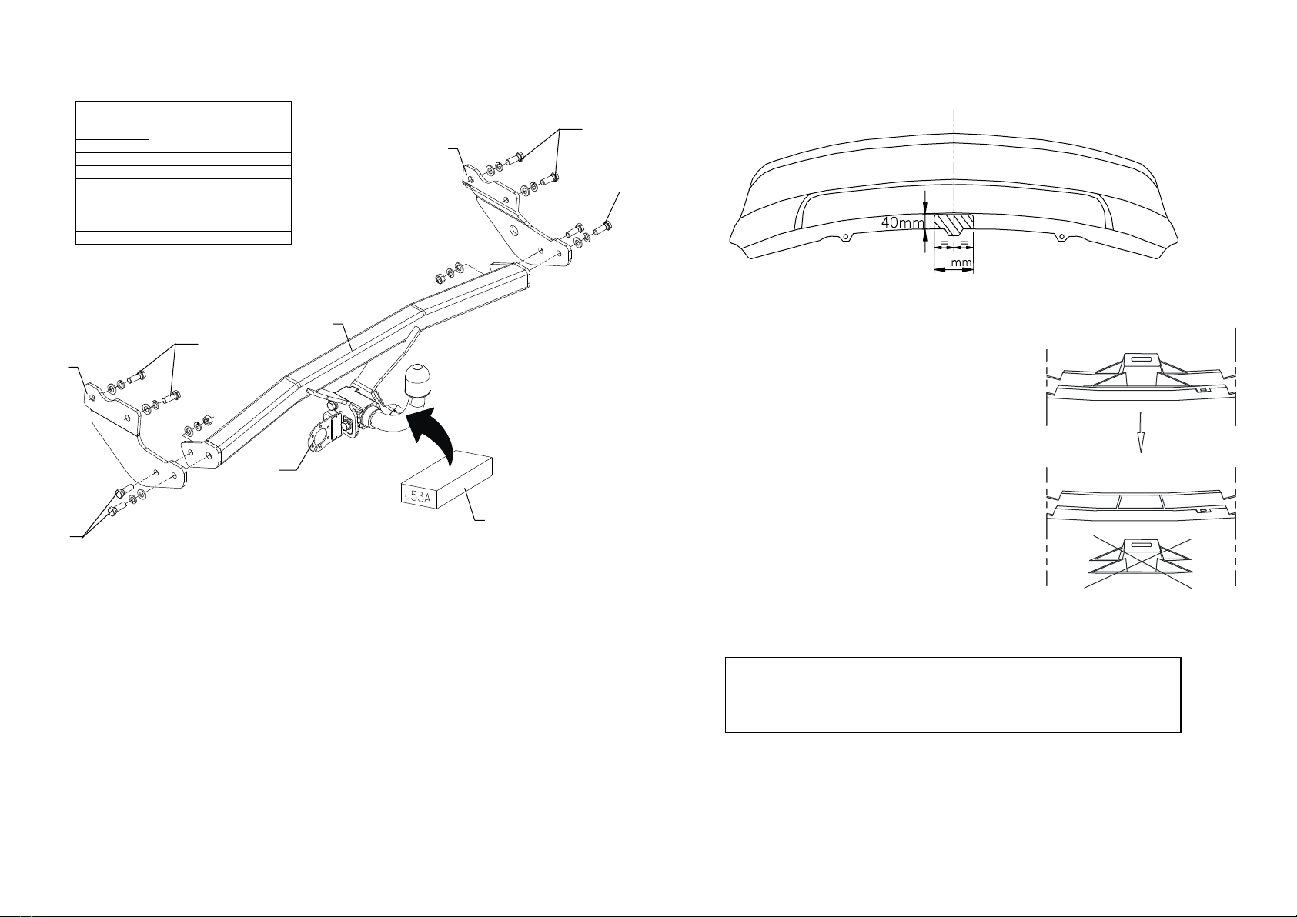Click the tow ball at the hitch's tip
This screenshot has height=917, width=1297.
click(417, 382)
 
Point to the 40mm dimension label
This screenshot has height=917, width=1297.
click(902, 222)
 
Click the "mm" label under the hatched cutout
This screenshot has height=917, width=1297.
click(961, 263)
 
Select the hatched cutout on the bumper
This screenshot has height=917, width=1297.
click(954, 225)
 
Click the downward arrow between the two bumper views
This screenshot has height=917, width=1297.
click(1141, 432)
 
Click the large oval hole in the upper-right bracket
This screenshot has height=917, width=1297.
click(514, 231)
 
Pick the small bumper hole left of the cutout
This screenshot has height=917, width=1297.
click(846, 236)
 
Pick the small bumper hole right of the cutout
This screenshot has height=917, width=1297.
click(1061, 236)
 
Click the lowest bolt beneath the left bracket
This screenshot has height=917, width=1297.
click(118, 509)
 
